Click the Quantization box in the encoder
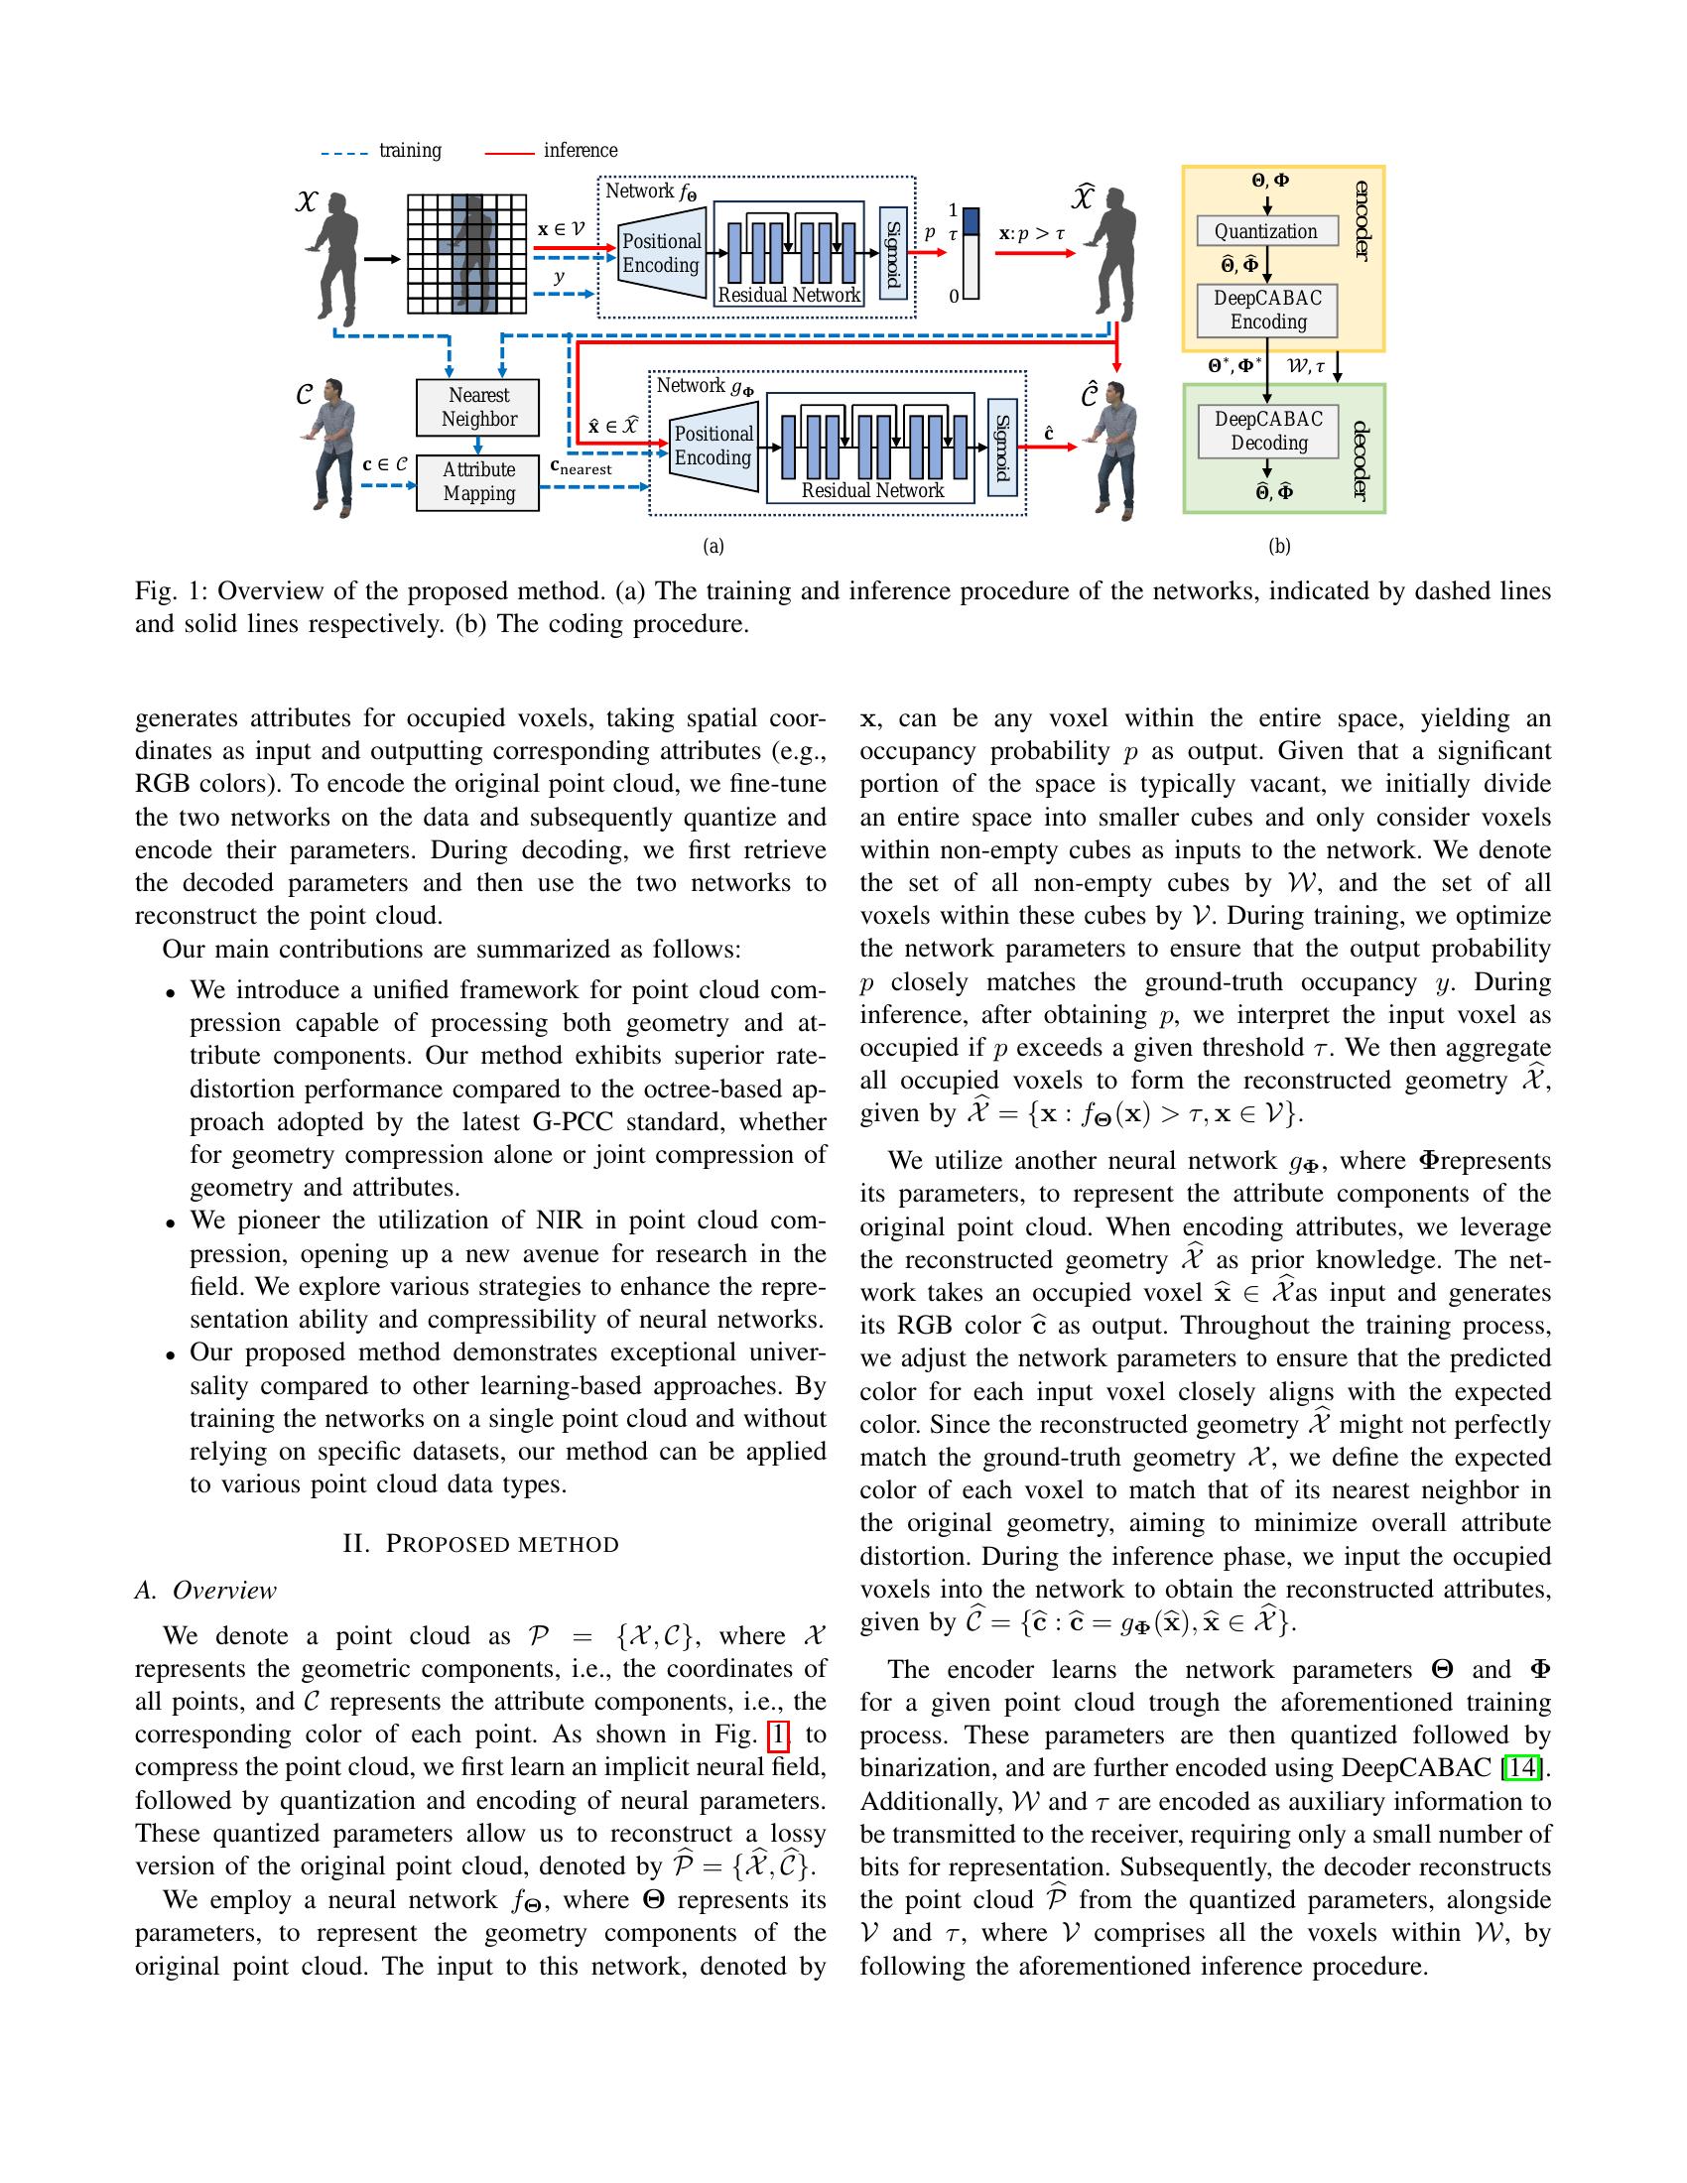[x=1266, y=232]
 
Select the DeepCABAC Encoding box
[x=1267, y=310]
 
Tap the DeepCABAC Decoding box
[x=1267, y=431]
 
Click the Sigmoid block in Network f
[x=892, y=254]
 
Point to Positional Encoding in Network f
[x=662, y=253]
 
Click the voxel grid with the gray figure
[x=465, y=253]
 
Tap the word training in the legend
[x=410, y=151]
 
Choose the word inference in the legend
[x=580, y=151]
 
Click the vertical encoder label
[x=1361, y=221]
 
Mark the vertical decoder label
[x=1361, y=459]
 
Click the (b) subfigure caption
[x=1279, y=546]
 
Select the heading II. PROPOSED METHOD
[x=480, y=1543]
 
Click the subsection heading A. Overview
[x=205, y=1591]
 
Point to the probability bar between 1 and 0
[x=971, y=253]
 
